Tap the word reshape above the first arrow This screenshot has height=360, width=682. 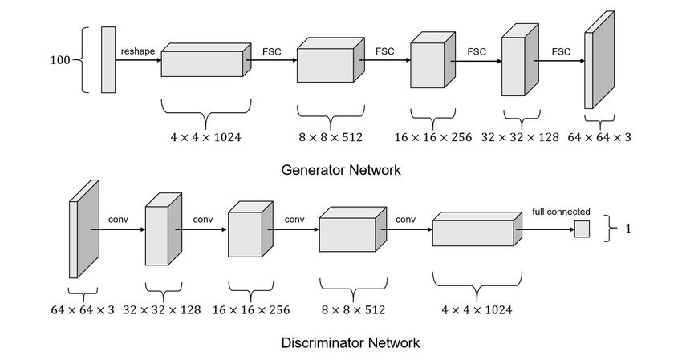click(138, 51)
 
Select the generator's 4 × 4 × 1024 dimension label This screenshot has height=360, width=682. click(205, 137)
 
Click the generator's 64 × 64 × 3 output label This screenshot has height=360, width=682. click(599, 137)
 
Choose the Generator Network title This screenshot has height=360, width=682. click(341, 171)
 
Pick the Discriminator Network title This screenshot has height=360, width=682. click(350, 343)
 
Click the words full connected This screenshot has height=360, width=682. click(562, 212)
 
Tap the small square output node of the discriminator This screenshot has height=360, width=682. click(582, 229)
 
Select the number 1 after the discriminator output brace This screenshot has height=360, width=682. click(628, 229)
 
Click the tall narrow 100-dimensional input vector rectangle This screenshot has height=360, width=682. click(108, 59)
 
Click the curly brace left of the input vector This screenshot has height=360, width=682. click(87, 60)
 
